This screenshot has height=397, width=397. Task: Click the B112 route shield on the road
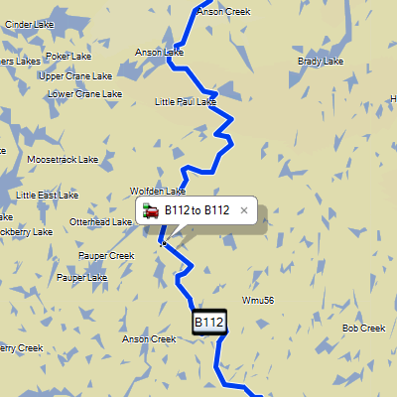pyautogui.click(x=208, y=322)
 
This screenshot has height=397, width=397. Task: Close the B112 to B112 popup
pyautogui.click(x=244, y=210)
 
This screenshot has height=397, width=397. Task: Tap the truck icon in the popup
pyautogui.click(x=152, y=210)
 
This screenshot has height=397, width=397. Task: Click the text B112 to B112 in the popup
pyautogui.click(x=197, y=210)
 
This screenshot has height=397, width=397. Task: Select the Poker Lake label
pyautogui.click(x=68, y=57)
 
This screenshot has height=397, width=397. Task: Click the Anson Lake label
pyautogui.click(x=159, y=52)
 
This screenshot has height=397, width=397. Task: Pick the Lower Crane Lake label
pyautogui.click(x=84, y=94)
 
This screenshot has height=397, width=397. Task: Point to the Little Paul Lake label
pyautogui.click(x=186, y=101)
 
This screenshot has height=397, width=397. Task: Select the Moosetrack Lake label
pyautogui.click(x=63, y=159)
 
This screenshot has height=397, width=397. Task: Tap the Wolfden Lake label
pyautogui.click(x=158, y=191)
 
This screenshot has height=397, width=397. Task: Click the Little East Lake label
pyautogui.click(x=47, y=196)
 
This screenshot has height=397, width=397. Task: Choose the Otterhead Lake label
pyautogui.click(x=100, y=222)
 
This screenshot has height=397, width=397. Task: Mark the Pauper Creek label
pyautogui.click(x=107, y=255)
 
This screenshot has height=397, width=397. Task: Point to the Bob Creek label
pyautogui.click(x=363, y=329)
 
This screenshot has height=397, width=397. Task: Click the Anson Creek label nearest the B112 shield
pyautogui.click(x=148, y=338)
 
